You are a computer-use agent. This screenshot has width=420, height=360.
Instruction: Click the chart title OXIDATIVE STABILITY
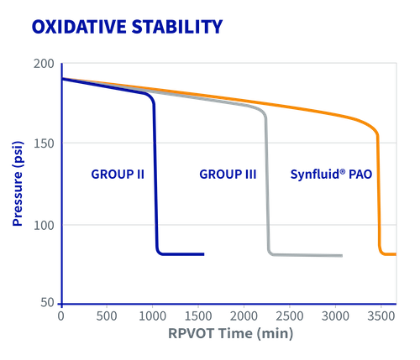tap(126, 27)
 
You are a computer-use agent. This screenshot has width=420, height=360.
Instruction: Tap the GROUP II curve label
tap(117, 175)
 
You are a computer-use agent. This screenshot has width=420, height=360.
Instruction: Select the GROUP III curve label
tap(227, 175)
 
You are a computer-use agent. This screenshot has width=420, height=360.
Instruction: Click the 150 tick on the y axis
tap(45, 143)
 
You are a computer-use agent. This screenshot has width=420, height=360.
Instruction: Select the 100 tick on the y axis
tap(45, 225)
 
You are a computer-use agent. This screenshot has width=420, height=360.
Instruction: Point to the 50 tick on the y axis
tap(48, 301)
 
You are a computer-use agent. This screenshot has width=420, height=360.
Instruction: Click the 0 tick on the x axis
tap(60, 317)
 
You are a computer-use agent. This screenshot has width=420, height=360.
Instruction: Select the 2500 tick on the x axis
tap(290, 317)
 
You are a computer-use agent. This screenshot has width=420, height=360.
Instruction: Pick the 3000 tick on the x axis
tap(336, 317)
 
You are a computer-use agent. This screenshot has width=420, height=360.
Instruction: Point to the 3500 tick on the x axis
tap(382, 317)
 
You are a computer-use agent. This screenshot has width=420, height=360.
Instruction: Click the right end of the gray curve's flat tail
tap(342, 255)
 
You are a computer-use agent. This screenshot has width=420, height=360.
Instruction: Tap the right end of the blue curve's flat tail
tap(203, 253)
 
